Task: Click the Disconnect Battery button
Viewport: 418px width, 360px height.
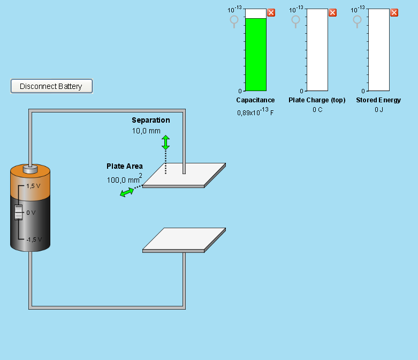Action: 51,86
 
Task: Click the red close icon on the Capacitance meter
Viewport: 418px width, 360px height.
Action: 271,12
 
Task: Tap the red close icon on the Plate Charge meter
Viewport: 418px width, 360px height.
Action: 333,12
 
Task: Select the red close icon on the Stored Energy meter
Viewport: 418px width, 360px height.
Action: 394,12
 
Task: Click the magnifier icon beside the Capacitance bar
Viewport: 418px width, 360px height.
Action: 234,21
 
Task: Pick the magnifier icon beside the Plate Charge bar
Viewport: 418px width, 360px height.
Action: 296,21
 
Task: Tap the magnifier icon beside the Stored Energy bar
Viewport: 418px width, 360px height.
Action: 358,21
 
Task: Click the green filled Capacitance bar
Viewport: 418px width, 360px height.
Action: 256,54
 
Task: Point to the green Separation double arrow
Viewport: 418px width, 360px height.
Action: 166,142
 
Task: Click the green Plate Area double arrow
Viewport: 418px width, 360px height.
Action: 127,192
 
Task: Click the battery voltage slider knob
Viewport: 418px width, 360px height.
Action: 19,212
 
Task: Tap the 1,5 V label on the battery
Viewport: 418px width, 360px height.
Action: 33,186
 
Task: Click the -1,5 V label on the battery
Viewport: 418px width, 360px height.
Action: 34,239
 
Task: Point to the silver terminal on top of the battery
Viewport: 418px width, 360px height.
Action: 31,169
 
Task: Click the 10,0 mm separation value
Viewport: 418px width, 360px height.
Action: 146,131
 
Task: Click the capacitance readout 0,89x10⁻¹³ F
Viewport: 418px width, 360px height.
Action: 255,112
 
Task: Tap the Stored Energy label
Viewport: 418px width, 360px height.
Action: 378,100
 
